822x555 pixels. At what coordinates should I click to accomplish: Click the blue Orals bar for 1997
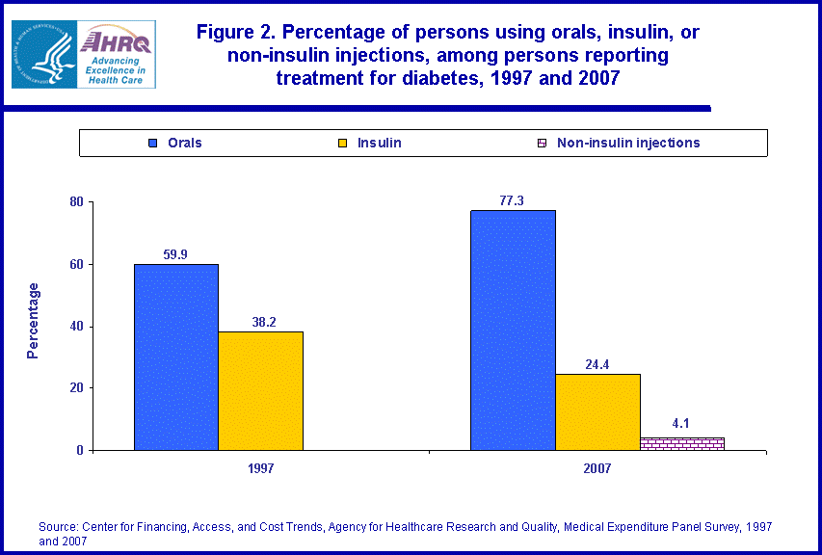click(175, 357)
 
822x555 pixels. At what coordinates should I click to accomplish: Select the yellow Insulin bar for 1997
click(260, 390)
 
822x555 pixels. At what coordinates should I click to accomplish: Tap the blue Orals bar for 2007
click(513, 330)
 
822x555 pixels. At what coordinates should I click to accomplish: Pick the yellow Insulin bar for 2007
click(597, 411)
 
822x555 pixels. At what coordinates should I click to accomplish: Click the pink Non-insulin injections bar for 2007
click(682, 443)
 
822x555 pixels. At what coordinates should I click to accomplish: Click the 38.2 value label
click(260, 323)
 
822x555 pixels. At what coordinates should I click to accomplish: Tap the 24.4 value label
click(597, 365)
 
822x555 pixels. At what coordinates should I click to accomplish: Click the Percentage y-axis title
click(33, 321)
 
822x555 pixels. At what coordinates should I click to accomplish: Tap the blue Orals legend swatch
click(152, 144)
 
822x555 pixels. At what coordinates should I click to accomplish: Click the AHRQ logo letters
click(117, 41)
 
